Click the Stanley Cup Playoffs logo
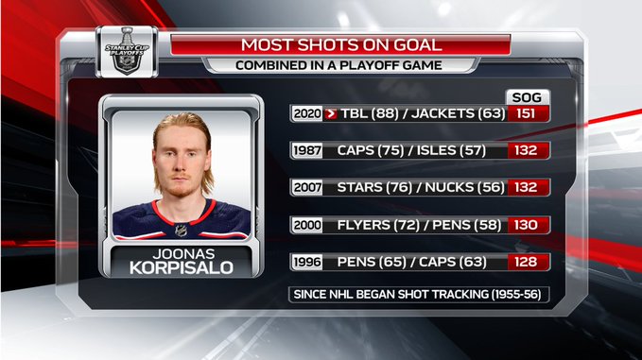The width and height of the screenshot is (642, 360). pos(127,52)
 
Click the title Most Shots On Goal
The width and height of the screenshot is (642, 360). pos(341,44)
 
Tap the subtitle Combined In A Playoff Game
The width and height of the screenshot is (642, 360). pos(338,65)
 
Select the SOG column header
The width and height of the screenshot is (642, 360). pos(527,97)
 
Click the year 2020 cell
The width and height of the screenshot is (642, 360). pos(307,113)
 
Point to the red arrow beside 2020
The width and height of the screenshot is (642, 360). pos(330,113)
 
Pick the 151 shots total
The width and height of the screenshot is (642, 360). pos(526,113)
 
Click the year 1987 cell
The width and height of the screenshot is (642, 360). pos(307,150)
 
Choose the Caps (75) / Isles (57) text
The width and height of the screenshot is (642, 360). pos(411,150)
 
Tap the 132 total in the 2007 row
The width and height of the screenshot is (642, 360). pos(526,187)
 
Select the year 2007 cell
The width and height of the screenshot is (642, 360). pos(307,187)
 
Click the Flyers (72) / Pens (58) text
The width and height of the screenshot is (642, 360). pos(419,225)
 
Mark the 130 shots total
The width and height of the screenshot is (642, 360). pos(526,225)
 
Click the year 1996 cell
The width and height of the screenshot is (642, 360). pos(307,262)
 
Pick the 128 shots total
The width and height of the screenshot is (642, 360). pos(526,262)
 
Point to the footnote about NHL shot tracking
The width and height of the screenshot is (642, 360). pos(417,295)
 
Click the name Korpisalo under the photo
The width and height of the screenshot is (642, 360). pos(182,268)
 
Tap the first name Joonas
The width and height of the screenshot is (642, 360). pos(183,254)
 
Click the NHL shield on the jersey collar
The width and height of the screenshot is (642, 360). pos(181,231)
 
